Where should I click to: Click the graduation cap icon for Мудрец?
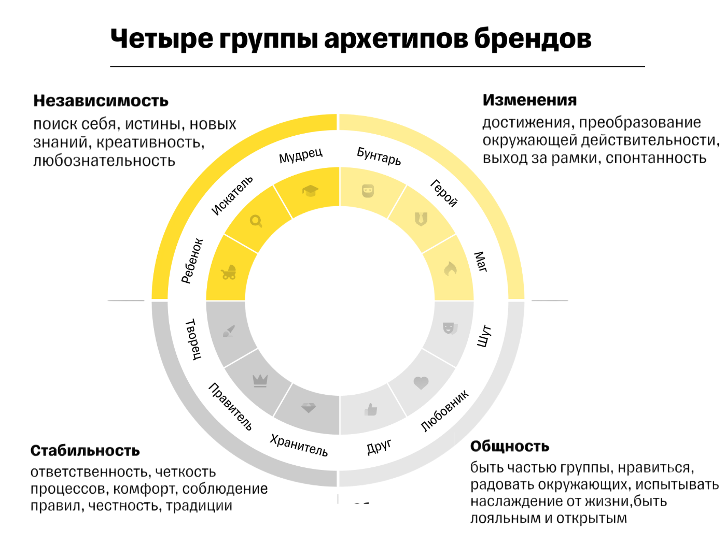pyautogui.click(x=310, y=191)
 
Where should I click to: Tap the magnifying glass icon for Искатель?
pyautogui.click(x=256, y=221)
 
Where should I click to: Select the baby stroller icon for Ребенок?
pyautogui.click(x=229, y=272)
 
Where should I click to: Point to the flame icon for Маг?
pyautogui.click(x=450, y=268)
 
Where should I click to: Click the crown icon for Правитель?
pyautogui.click(x=260, y=381)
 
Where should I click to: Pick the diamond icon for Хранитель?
pyautogui.click(x=309, y=408)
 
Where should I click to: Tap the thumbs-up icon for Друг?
pyautogui.click(x=371, y=410)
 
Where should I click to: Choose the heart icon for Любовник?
pyautogui.click(x=421, y=383)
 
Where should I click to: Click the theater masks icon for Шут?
pyautogui.click(x=449, y=328)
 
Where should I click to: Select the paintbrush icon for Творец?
pyautogui.click(x=229, y=331)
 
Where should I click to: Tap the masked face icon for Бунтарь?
pyautogui.click(x=368, y=191)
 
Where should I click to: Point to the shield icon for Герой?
pyautogui.click(x=421, y=219)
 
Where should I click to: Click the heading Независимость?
pyautogui.click(x=101, y=101)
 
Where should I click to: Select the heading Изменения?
pyautogui.click(x=529, y=100)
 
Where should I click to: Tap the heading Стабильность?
pyautogui.click(x=85, y=451)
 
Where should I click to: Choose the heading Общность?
pyautogui.click(x=509, y=446)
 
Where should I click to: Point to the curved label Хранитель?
pyautogui.click(x=299, y=445)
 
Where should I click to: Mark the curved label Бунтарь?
pyautogui.click(x=379, y=156)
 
